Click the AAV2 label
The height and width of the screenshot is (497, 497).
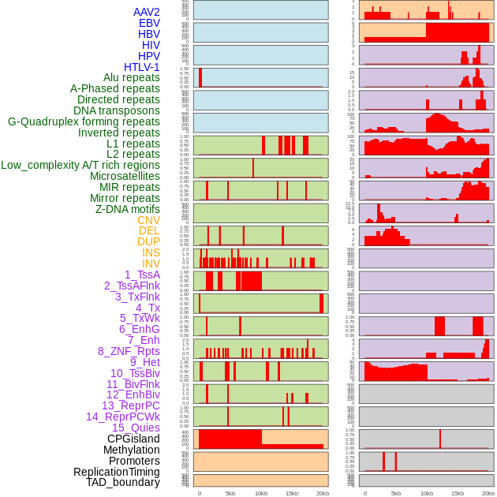pos(147,12)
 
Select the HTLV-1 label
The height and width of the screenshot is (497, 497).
pos(142,67)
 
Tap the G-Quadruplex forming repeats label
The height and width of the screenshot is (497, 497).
pos(84,121)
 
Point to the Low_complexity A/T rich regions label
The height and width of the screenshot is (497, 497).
pos(80,165)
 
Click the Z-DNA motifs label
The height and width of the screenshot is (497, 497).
pos(128,209)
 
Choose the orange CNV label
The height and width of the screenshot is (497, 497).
pos(148,220)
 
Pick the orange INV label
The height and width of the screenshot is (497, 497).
pos(151,263)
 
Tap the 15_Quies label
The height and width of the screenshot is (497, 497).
pos(135,428)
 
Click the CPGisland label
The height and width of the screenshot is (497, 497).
pos(133,439)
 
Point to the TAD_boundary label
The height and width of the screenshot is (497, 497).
pos(123,482)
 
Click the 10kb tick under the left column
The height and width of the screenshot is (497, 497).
pos(261,493)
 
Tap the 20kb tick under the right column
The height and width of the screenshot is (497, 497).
pos(488,493)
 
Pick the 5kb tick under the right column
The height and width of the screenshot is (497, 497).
pos(396,493)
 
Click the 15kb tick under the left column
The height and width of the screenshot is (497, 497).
pos(292,493)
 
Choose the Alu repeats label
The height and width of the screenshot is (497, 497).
pos(132,77)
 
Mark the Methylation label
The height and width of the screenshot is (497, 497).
pos(125,450)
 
